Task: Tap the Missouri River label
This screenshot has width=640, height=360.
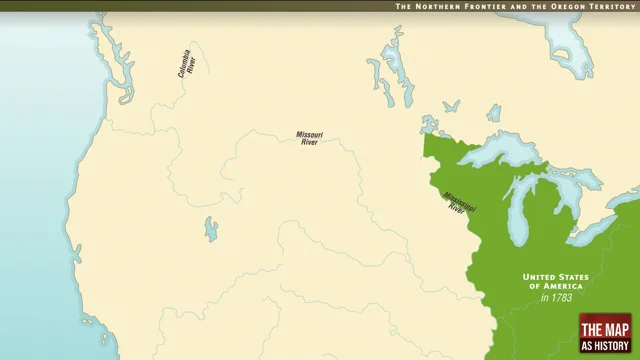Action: [x=309, y=138]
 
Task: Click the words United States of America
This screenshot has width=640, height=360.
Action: [x=558, y=281]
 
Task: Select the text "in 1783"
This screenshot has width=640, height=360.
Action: [x=558, y=298]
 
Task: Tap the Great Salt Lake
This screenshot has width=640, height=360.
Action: [x=210, y=230]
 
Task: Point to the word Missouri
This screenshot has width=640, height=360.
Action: [x=309, y=134]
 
